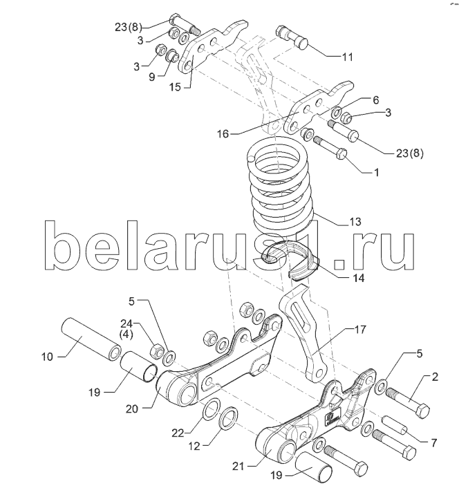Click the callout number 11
[x=347, y=57]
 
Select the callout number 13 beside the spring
[x=355, y=221]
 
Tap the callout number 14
[x=358, y=278]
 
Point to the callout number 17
[x=359, y=330]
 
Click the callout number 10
[x=47, y=357]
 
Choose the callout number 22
[x=178, y=433]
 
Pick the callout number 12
[x=194, y=446]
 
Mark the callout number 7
[x=433, y=442]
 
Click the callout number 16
[x=223, y=134]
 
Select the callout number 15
[x=175, y=87]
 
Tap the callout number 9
[x=152, y=77]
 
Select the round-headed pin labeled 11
[x=292, y=37]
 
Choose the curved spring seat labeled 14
[x=291, y=259]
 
